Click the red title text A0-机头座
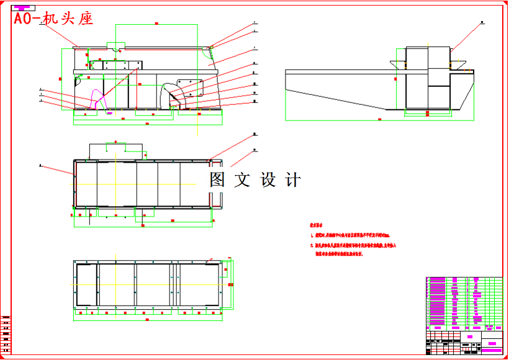point(53,19)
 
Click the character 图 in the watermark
point(217,180)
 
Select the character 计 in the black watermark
point(292,180)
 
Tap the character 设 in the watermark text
point(268,180)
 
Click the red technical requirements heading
point(317,227)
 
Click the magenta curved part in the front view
point(96,99)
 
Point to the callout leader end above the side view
point(482,23)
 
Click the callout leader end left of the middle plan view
point(40,166)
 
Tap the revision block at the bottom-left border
point(6,335)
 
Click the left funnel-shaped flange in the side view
point(397,63)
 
